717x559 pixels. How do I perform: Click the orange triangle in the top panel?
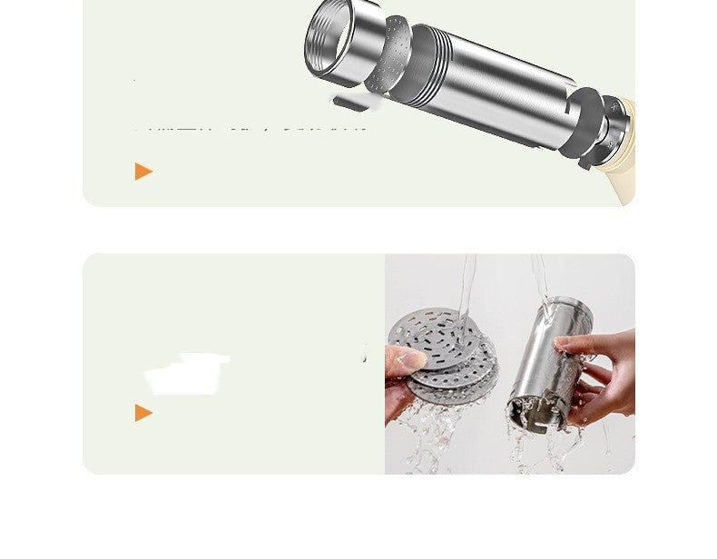point(143,171)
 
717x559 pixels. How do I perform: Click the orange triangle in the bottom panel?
point(143,413)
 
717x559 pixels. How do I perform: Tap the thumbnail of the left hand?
point(412,360)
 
